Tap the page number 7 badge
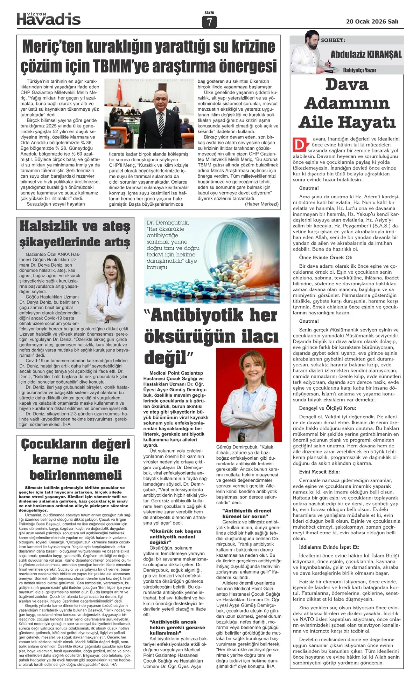click(x=209, y=22)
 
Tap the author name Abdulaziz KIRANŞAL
click(x=366, y=54)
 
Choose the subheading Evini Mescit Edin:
click(x=319, y=472)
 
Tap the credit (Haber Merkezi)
click(x=261, y=204)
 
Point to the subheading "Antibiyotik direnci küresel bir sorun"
click(x=245, y=513)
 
